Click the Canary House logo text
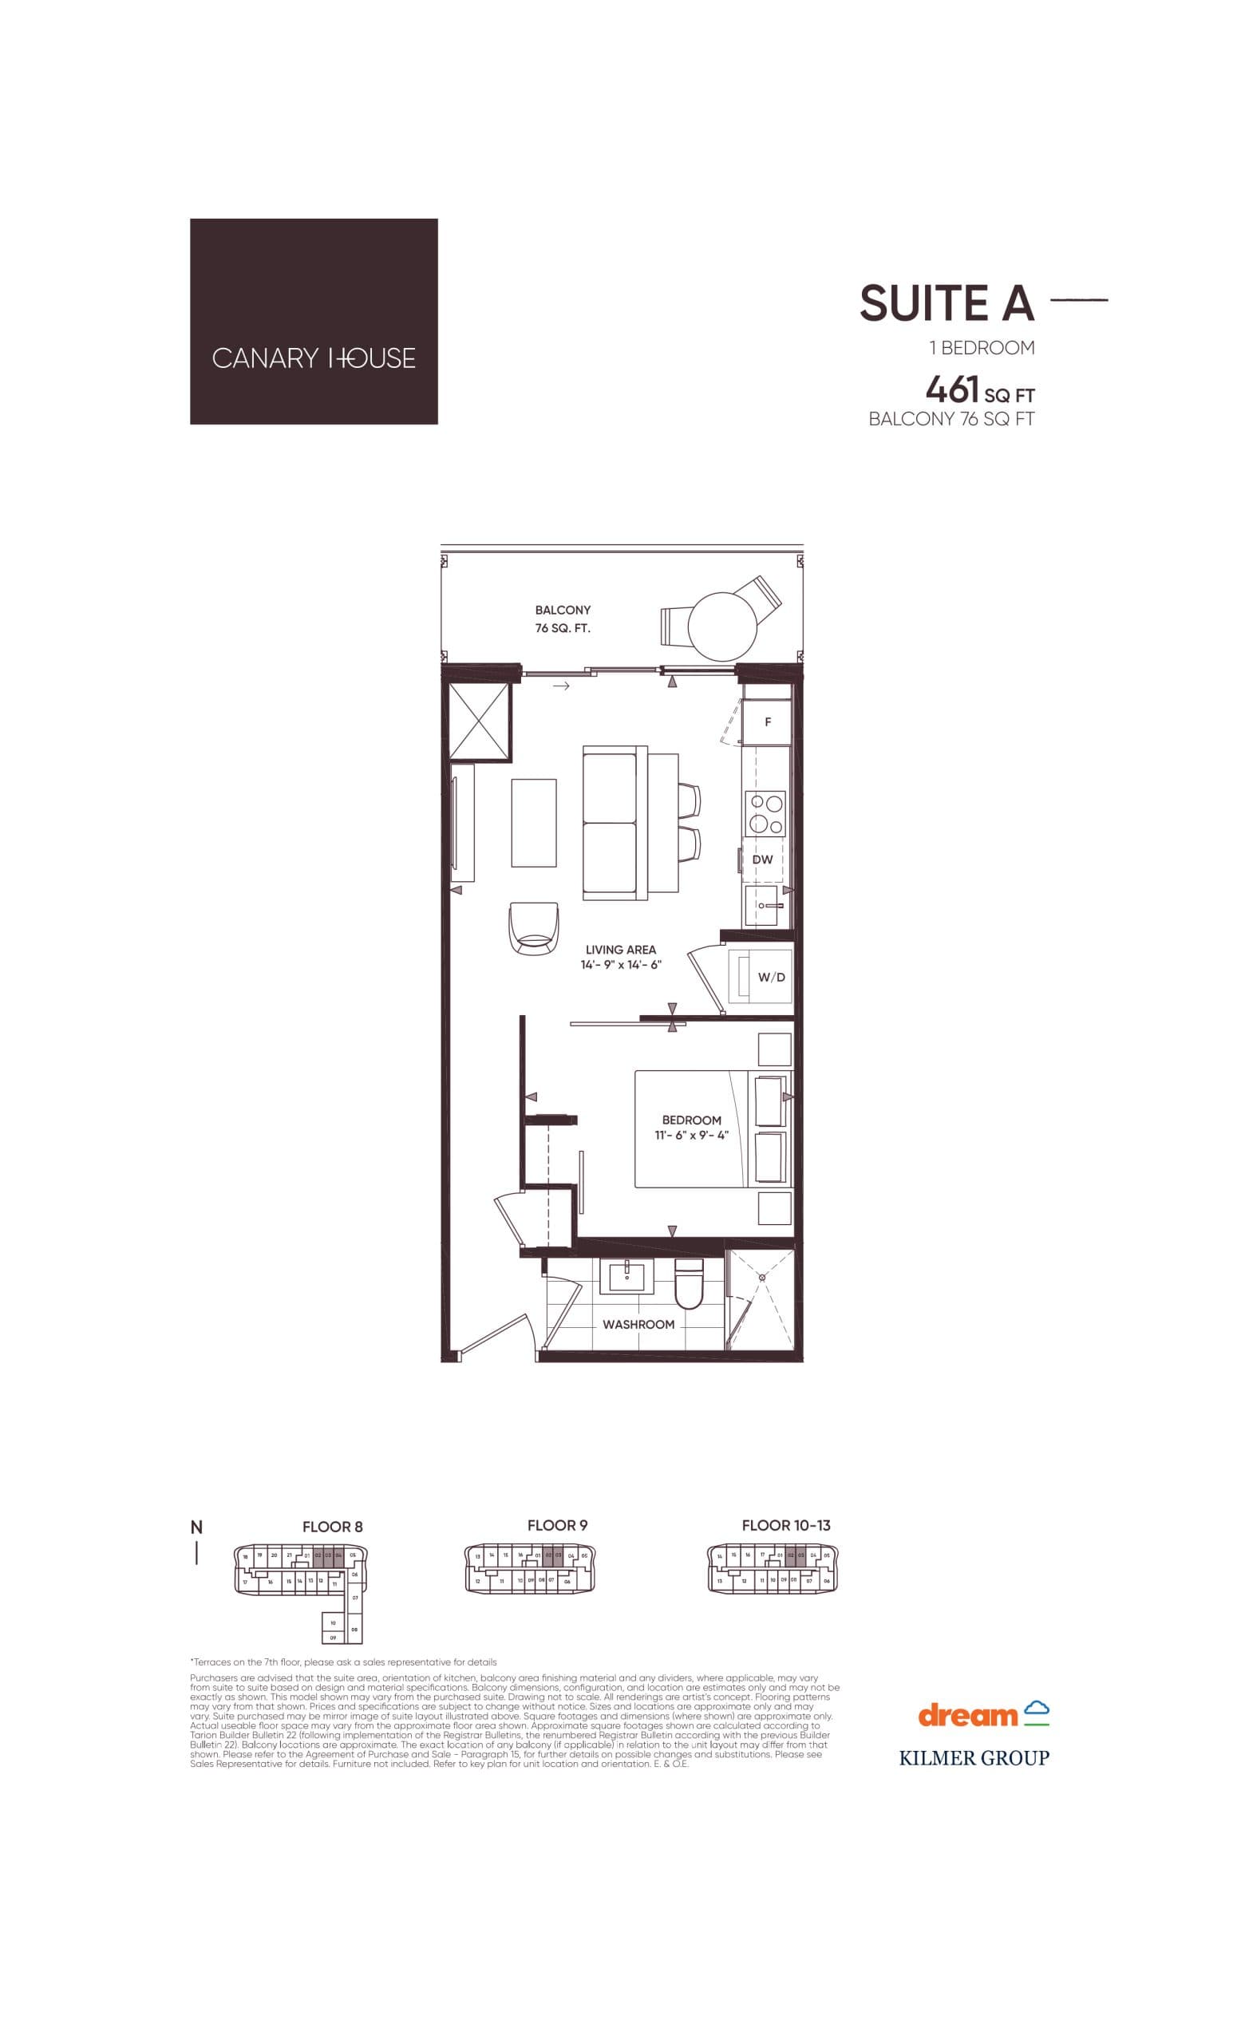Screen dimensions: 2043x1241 click(x=314, y=358)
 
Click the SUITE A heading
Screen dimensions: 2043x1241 click(x=947, y=303)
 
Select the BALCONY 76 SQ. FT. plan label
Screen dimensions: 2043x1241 click(x=563, y=618)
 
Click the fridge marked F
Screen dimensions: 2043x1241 click(x=768, y=722)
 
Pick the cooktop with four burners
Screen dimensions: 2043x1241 click(x=766, y=812)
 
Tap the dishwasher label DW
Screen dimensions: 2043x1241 click(x=763, y=859)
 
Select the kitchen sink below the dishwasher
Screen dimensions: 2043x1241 click(x=764, y=906)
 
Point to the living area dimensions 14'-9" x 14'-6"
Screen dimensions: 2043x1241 click(x=620, y=965)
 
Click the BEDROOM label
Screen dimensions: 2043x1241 click(x=691, y=1120)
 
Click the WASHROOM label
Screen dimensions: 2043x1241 click(x=638, y=1325)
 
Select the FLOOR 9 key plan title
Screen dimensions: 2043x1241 click(x=557, y=1525)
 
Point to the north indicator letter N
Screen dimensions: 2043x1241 click(x=196, y=1527)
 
